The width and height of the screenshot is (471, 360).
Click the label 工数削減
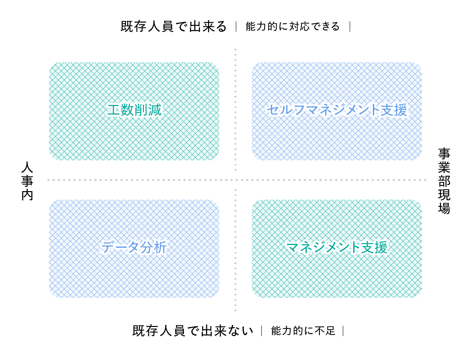pos(134,110)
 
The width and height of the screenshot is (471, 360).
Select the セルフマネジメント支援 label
pos(337,110)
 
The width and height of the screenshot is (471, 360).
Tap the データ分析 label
pos(134,247)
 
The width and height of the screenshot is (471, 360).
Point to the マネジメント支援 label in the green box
pos(337,247)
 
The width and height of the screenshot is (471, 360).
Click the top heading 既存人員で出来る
pos(173,27)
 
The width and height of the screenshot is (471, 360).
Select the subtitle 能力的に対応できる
pos(293,27)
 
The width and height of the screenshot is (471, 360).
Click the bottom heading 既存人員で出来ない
pos(193,331)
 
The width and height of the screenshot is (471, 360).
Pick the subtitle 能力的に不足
pos(303,331)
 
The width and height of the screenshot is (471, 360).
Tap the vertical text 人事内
pos(27,181)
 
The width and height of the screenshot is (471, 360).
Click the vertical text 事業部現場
pos(444,181)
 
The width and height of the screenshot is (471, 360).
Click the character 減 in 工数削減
pos(155,110)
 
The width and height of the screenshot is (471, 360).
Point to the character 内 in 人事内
pos(27,195)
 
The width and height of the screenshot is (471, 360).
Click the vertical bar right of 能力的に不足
pos(343,331)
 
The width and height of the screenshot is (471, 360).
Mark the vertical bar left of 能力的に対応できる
pos(236,27)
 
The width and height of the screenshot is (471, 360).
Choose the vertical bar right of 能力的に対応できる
pos(350,27)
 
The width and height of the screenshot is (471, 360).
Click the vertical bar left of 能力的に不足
pos(262,331)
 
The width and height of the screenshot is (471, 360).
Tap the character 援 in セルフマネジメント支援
pos(401,110)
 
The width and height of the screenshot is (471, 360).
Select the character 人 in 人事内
pos(27,167)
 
